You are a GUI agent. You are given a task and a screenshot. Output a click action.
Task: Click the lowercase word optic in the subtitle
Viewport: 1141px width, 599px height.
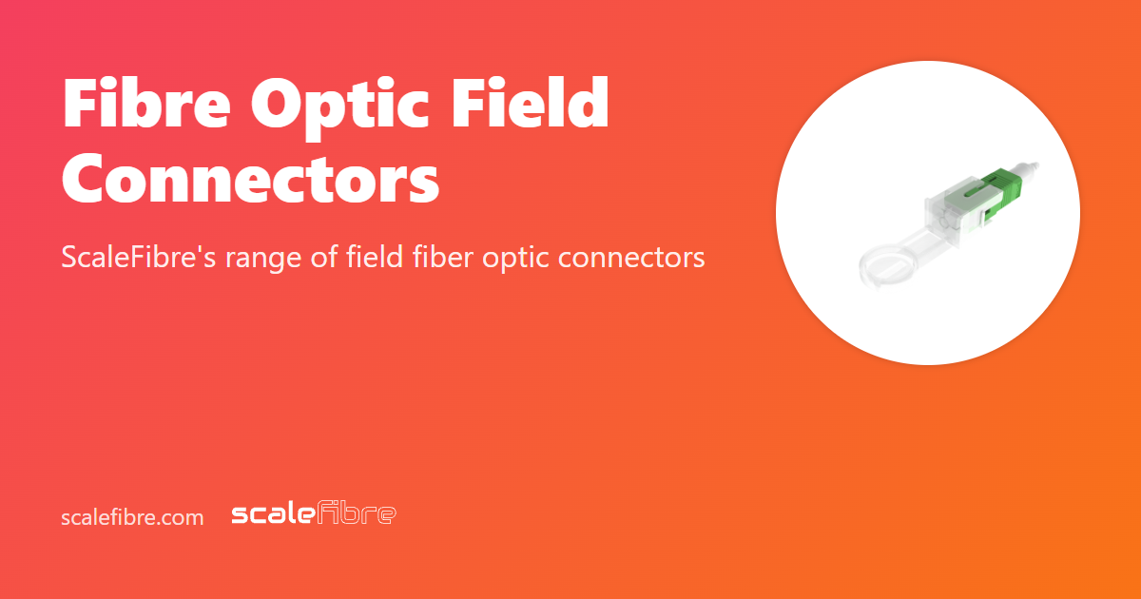(518, 258)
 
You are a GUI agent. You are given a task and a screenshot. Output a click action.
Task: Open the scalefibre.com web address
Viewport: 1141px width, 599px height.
(132, 517)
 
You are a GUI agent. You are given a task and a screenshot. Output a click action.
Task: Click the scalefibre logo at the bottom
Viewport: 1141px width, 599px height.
(314, 514)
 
